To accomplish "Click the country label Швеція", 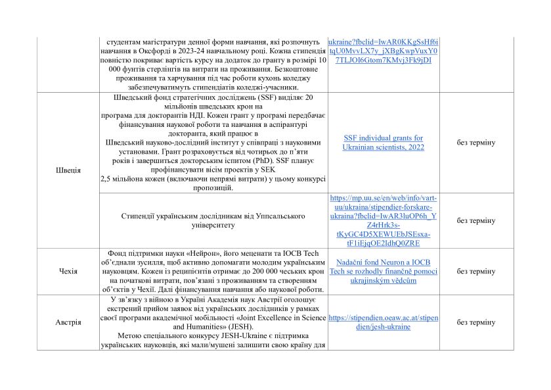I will click(x=69, y=170).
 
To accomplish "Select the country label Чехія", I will click(x=68, y=271).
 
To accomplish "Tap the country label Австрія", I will click(x=68, y=322).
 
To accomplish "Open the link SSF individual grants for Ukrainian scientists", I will click(x=384, y=143).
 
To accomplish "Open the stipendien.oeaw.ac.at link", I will click(x=384, y=322).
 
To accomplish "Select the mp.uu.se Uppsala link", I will click(x=384, y=220).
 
